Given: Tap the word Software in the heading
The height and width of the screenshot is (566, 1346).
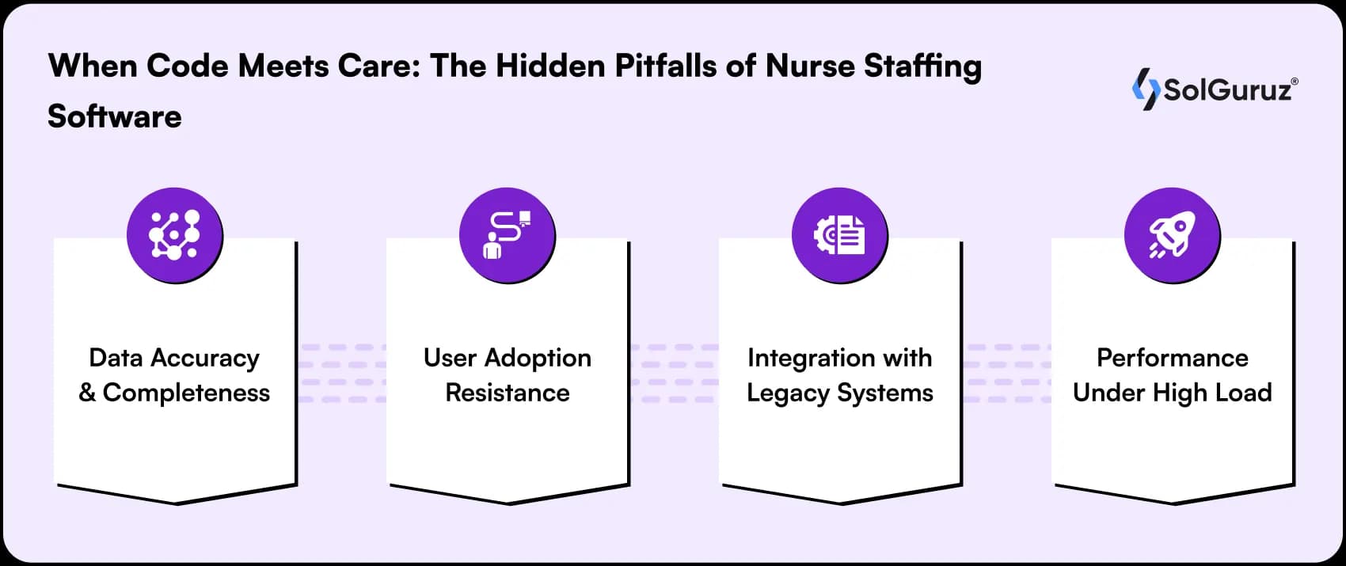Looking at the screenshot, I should coord(115,117).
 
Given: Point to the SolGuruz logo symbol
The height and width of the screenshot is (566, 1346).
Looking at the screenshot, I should coord(1146,89).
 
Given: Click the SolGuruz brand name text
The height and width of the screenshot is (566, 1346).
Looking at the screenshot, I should coord(1227,90).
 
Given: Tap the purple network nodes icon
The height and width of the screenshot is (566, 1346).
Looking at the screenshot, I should coord(175,235).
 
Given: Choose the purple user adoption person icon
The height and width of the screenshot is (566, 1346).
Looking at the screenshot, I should coord(508,235).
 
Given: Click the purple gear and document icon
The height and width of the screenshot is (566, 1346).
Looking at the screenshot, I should coord(840,235).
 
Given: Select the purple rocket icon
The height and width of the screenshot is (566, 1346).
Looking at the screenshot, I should coord(1173,235).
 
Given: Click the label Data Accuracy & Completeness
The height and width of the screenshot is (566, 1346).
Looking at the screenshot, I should coord(174,375).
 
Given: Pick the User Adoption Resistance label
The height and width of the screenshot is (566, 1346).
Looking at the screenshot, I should coord(508,375).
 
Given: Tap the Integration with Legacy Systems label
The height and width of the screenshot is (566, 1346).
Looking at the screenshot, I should coord(840,375).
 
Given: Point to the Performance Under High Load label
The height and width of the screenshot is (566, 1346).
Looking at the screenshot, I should coord(1173,375).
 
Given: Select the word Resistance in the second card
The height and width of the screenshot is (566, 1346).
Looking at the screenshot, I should coord(508,393).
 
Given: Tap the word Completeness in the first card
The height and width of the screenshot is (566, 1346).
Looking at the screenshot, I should coord(186,393).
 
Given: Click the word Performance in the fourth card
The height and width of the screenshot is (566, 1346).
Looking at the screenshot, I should coord(1173,358).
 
